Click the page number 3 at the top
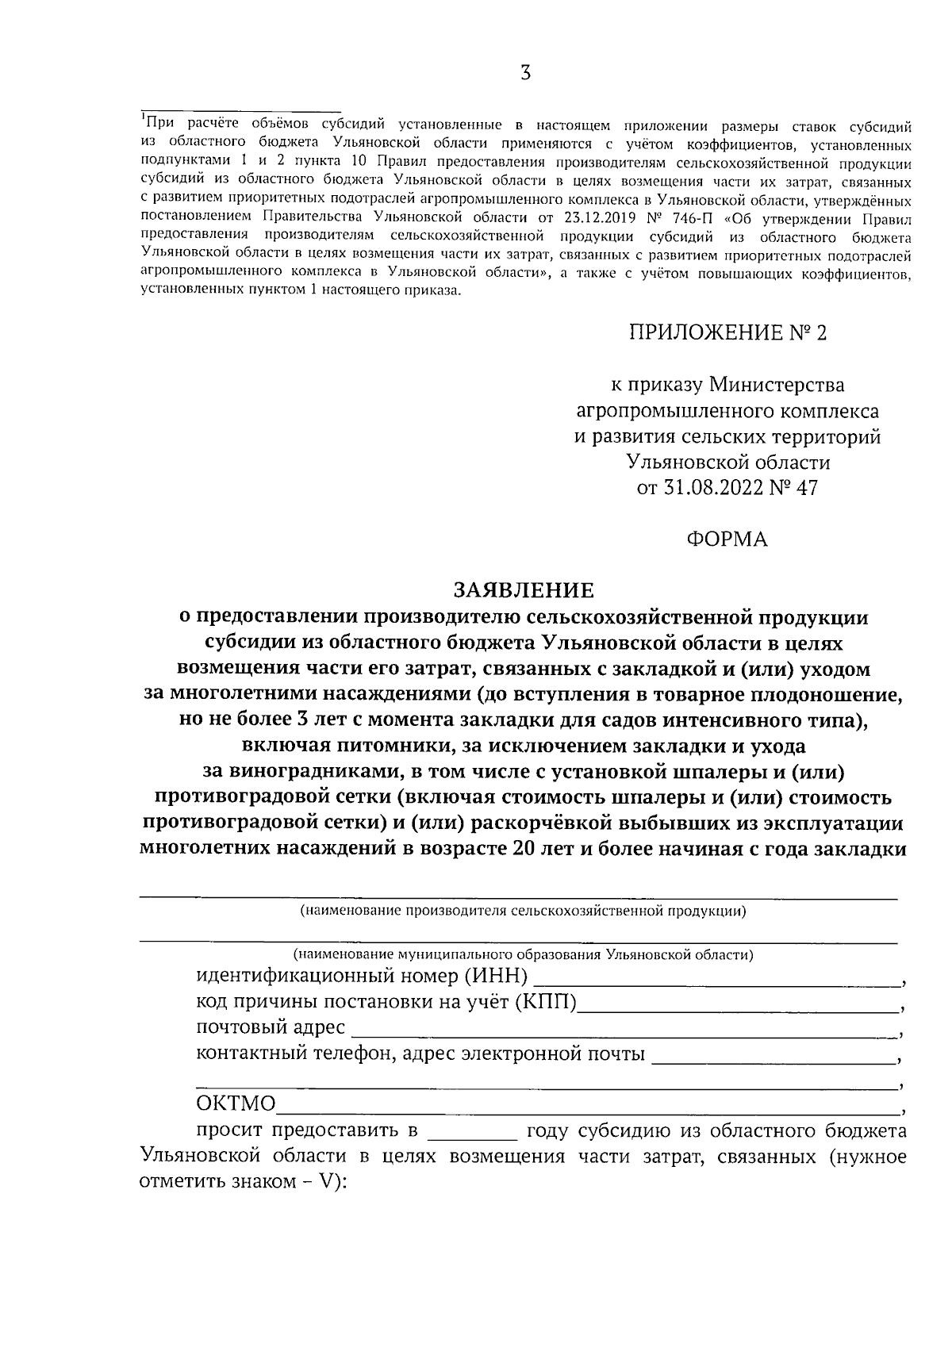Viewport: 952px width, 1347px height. coord(524,74)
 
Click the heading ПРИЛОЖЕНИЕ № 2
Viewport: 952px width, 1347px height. coord(727,333)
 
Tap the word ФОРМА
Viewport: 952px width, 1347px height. coord(727,539)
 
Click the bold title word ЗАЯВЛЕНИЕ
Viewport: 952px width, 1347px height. coord(523,590)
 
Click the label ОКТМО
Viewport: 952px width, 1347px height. coord(236,1104)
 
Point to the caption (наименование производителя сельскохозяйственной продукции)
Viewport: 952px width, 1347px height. coord(522,911)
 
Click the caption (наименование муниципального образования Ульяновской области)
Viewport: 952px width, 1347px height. coord(522,954)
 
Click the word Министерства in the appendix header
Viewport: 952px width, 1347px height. coord(777,386)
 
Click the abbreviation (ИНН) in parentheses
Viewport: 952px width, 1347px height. coord(496,975)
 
